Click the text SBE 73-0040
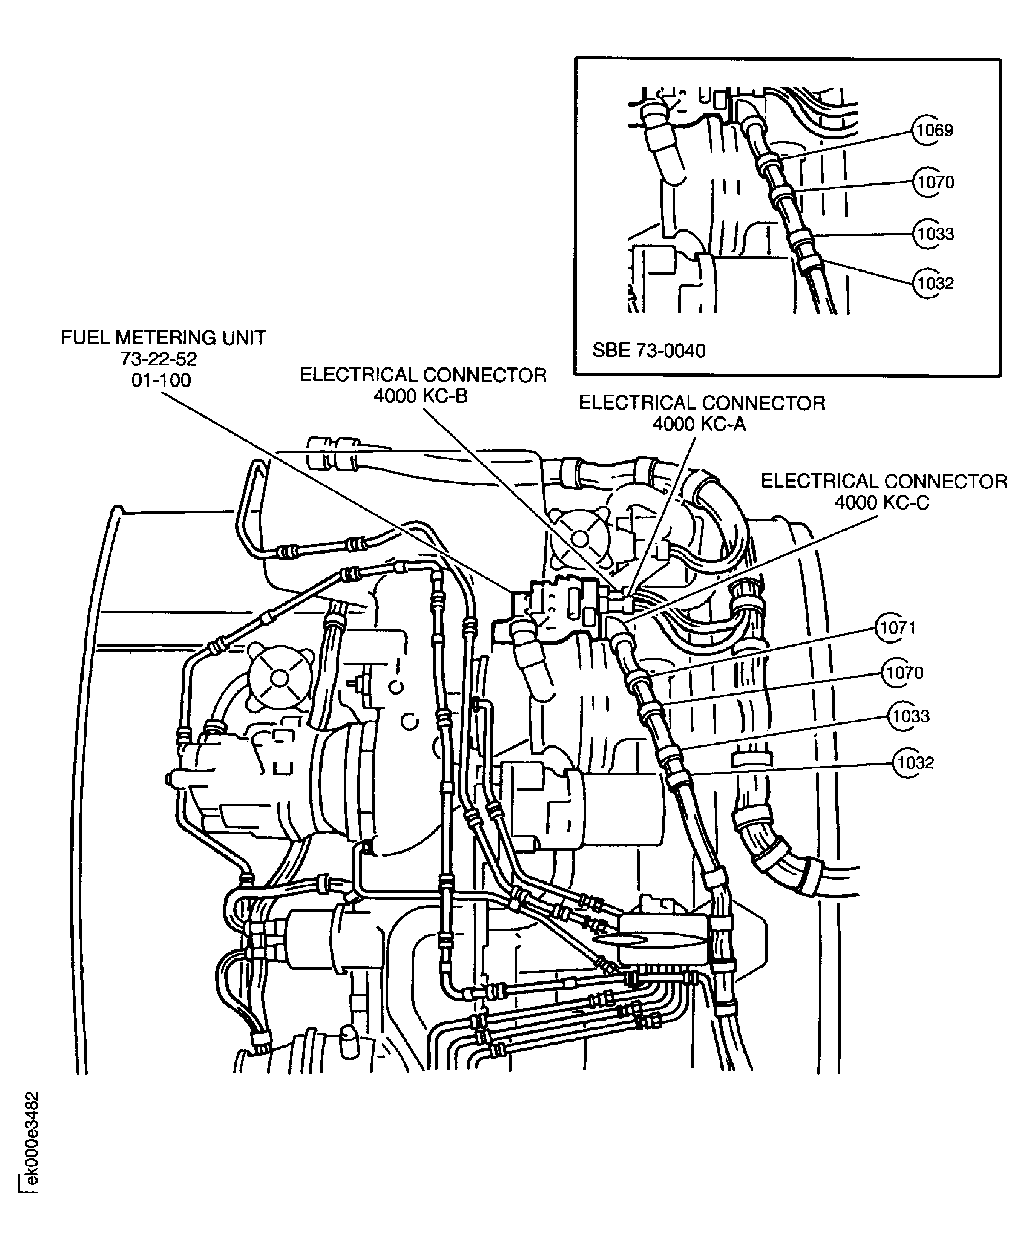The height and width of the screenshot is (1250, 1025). (648, 351)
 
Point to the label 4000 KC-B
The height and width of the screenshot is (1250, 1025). (421, 396)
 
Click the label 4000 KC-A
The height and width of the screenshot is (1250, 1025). (699, 424)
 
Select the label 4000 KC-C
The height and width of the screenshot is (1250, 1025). (881, 503)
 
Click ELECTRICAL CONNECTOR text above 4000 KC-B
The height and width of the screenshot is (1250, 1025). (423, 375)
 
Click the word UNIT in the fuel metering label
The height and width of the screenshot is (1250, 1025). (243, 338)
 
